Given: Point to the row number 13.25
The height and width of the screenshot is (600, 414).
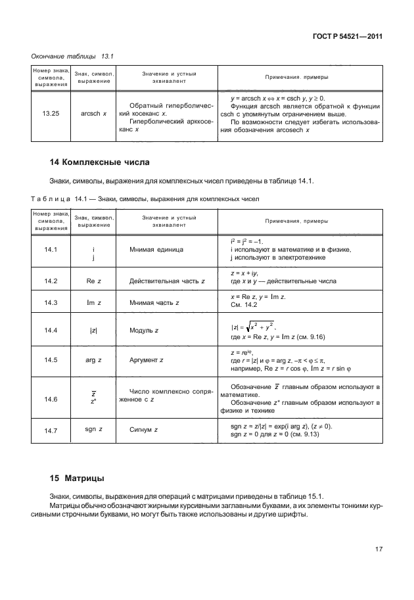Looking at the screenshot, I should click(x=51, y=113).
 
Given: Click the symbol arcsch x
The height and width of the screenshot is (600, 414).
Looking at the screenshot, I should click(x=94, y=113).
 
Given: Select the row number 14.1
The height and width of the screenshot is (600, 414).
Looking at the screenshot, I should click(x=51, y=250).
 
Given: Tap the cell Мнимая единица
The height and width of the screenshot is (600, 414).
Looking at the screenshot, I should click(x=156, y=250).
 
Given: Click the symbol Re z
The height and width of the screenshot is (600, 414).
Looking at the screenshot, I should click(x=94, y=281).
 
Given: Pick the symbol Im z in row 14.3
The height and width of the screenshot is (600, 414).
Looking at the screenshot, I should click(x=94, y=302).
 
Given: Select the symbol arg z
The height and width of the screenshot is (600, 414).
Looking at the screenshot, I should click(x=94, y=360).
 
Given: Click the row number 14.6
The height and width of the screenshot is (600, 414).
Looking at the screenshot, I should click(x=51, y=399).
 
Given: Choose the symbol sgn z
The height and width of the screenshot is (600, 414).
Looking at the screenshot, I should click(x=94, y=430).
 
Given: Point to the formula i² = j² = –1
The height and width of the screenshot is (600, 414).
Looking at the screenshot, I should click(x=247, y=241).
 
